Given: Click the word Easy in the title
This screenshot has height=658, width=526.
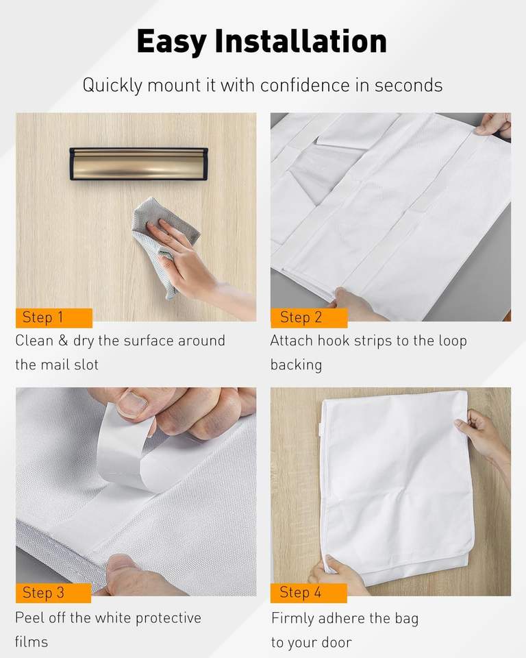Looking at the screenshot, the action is [x=171, y=42].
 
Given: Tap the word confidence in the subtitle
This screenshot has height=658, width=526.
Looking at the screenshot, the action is [x=305, y=85].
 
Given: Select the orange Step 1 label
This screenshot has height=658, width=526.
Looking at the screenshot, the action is [x=53, y=317].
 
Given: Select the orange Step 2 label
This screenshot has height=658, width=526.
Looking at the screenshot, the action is [x=309, y=317].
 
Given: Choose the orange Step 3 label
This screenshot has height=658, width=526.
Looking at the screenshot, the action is [x=53, y=593].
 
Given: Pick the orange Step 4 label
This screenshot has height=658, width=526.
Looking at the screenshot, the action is [x=309, y=593].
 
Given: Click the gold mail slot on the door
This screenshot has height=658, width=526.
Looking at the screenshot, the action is [x=139, y=164].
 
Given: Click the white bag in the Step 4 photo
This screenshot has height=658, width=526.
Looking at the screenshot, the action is [x=397, y=487].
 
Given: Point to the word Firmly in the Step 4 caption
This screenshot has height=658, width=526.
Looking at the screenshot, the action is [x=292, y=618].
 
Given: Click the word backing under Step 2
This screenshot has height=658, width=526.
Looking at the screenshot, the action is [x=296, y=365].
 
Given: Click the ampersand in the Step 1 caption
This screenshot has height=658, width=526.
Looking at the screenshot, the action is [x=63, y=341].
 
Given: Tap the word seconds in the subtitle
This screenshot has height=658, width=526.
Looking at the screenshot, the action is [x=409, y=85].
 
